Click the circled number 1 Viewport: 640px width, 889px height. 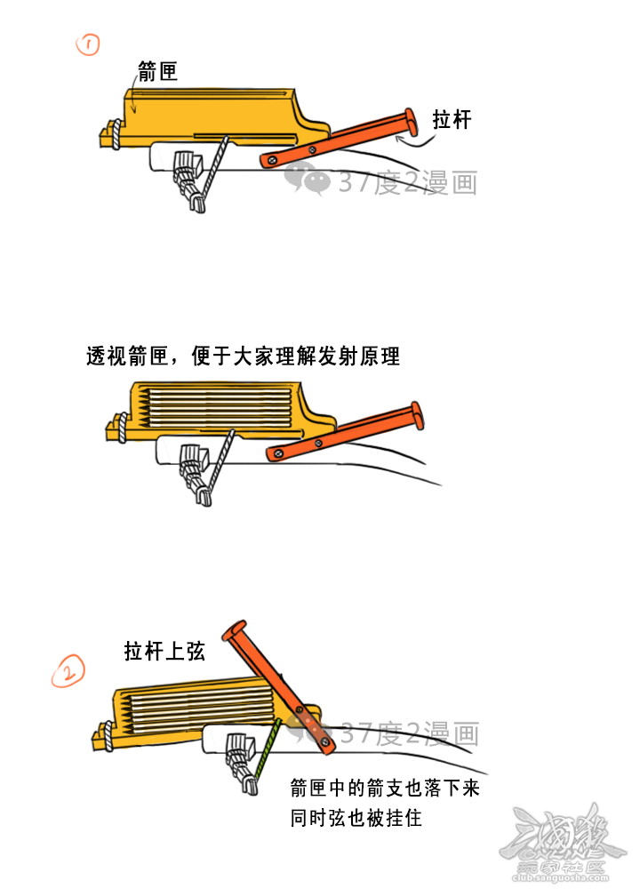(88, 44)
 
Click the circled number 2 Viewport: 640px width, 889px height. (68, 671)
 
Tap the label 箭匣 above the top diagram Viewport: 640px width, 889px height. (158, 71)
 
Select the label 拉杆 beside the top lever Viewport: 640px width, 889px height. (452, 120)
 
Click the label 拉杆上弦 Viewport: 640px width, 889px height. (164, 651)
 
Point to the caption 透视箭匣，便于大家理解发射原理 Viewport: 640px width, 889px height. (244, 356)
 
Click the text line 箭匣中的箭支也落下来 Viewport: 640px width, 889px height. (385, 788)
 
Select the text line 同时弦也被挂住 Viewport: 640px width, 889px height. (356, 818)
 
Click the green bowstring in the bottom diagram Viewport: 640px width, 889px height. (268, 749)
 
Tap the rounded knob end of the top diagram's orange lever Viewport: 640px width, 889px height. (411, 122)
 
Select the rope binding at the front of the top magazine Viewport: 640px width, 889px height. (116, 134)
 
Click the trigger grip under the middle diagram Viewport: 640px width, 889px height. (196, 475)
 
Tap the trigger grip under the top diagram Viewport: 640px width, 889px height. (189, 180)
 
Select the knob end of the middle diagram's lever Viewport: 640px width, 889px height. (417, 414)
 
